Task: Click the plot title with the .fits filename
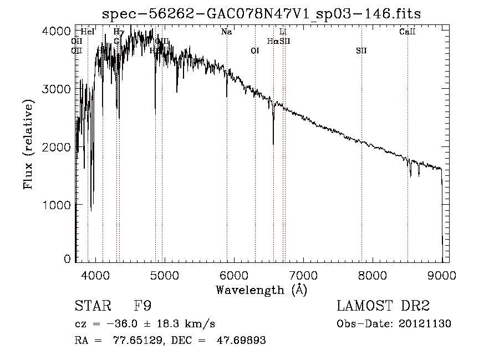[262, 14]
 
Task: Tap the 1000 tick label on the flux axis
[57, 205]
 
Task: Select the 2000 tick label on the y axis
[57, 147]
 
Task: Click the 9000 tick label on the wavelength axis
[442, 275]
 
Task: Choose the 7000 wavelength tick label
[303, 275]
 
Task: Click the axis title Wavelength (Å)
[261, 290]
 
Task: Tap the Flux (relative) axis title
[28, 144]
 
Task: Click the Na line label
[226, 32]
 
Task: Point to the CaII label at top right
[407, 32]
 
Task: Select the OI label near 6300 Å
[255, 51]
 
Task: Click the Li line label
[283, 32]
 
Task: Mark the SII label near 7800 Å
[361, 51]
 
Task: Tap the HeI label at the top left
[88, 32]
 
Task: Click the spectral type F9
[142, 307]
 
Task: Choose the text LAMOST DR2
[383, 307]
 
